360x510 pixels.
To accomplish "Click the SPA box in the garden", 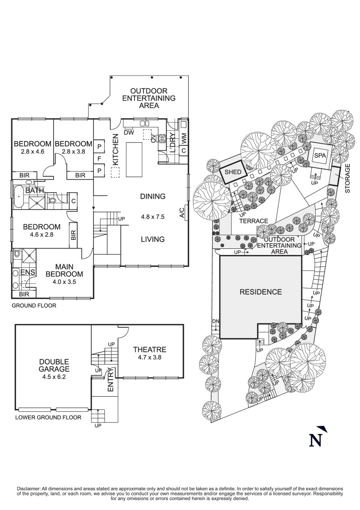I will (320, 156).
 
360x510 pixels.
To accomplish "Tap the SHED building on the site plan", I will (233, 172).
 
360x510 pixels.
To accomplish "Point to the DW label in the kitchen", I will (129, 133).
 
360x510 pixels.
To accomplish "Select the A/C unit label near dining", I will (182, 213).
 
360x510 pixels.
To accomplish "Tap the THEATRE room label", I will (149, 349).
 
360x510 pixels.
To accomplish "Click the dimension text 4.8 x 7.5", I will (152, 218).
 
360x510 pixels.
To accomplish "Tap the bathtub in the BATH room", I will (17, 197).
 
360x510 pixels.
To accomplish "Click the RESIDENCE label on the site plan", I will (260, 292).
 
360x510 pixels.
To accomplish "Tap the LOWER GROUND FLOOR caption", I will (48, 417).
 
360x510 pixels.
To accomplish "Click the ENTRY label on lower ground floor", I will (111, 380).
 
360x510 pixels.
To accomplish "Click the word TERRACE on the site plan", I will (253, 221).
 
